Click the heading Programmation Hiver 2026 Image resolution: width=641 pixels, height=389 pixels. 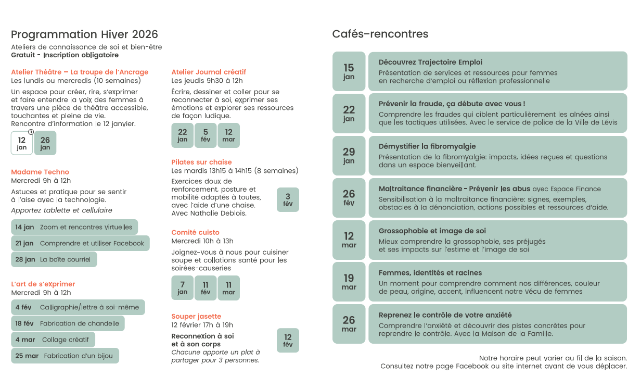(x=84, y=34)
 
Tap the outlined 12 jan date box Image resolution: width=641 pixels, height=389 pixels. (x=22, y=143)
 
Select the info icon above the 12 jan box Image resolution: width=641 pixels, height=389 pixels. (x=31, y=132)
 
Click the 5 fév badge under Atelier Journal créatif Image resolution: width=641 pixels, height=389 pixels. (x=206, y=135)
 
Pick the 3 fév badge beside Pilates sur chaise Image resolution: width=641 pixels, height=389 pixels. (x=288, y=199)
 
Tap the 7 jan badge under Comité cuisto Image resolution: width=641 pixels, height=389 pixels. (x=182, y=287)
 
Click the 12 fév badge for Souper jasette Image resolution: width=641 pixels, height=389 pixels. (x=288, y=340)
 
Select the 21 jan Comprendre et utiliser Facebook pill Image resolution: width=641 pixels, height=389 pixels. (x=80, y=243)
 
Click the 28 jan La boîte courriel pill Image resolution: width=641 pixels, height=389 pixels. (x=54, y=259)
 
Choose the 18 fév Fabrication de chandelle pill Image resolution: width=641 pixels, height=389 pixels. (x=68, y=323)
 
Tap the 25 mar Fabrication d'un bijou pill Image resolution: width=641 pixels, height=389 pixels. (x=65, y=356)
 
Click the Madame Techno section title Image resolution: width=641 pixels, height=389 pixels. (x=40, y=172)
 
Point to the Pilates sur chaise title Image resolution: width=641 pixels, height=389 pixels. (x=201, y=162)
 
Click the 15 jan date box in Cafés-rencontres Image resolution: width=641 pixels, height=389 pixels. (x=349, y=71)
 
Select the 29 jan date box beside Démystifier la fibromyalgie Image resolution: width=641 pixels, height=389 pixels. (x=349, y=156)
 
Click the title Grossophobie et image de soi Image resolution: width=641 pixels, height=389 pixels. (x=432, y=231)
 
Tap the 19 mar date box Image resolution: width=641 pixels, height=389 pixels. (x=349, y=282)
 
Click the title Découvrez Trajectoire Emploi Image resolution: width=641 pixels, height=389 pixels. (x=430, y=62)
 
